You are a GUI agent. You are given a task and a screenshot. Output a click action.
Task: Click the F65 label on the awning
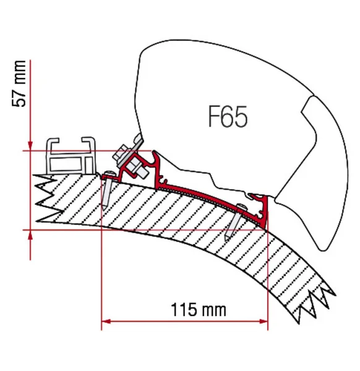click(228, 116)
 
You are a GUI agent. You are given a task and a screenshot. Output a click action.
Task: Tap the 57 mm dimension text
click(19, 83)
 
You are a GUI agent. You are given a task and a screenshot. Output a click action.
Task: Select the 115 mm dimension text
click(199, 310)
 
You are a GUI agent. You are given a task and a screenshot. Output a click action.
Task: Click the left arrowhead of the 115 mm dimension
click(106, 322)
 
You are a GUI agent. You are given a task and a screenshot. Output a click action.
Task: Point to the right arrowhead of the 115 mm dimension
click(264, 322)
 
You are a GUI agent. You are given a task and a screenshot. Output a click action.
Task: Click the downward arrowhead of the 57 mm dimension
click(30, 146)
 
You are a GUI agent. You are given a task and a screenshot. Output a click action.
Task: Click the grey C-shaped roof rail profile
click(71, 157)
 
